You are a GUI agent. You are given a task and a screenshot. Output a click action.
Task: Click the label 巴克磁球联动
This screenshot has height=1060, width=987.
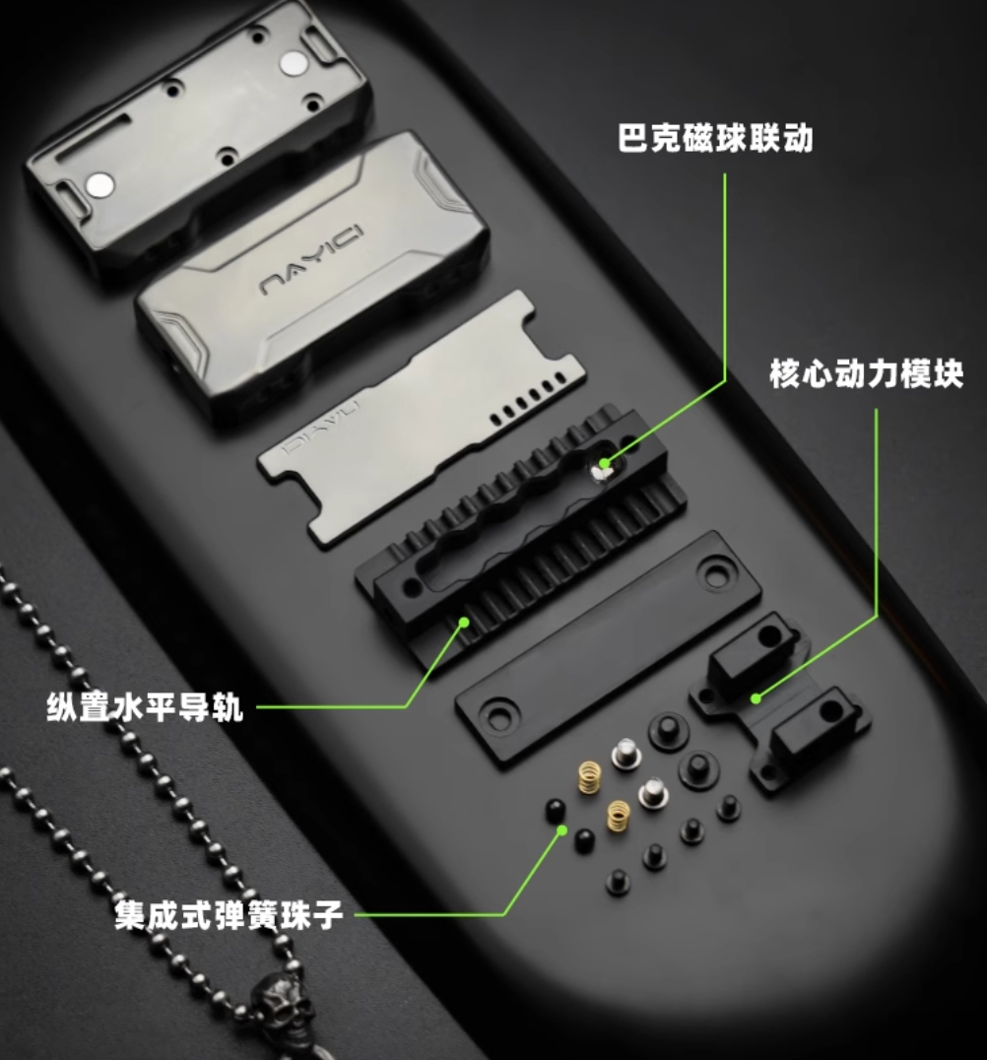click(714, 138)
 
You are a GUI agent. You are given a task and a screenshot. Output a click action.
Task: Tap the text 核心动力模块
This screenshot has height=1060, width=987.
click(866, 373)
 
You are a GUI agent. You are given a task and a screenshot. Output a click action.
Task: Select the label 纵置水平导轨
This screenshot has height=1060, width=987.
click(145, 707)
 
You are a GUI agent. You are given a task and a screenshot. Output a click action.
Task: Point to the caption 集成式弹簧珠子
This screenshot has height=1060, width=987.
click(229, 914)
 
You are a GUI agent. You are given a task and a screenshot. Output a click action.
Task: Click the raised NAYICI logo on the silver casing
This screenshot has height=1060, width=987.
click(311, 260)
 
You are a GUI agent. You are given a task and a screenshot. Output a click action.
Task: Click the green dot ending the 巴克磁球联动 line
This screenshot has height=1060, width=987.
click(605, 464)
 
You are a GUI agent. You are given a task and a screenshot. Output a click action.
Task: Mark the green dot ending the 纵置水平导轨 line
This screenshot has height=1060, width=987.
click(464, 622)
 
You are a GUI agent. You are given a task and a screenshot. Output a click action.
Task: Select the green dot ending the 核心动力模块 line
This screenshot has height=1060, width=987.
click(756, 698)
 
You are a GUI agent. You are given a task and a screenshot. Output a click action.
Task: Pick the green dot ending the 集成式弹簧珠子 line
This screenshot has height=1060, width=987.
click(561, 830)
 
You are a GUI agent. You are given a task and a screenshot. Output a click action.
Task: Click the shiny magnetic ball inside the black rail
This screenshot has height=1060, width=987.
click(599, 469)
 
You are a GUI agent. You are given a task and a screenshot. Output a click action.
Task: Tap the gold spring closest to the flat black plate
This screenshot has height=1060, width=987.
click(589, 777)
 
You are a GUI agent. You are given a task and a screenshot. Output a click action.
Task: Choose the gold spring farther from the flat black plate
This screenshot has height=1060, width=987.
click(618, 816)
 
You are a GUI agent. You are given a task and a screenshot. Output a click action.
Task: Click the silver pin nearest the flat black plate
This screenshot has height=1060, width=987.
click(625, 754)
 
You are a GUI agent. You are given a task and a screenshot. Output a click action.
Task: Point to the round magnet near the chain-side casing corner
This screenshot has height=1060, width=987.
click(100, 184)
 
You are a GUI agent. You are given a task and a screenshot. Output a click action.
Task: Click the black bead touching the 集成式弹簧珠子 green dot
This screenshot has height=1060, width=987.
click(555, 810)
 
